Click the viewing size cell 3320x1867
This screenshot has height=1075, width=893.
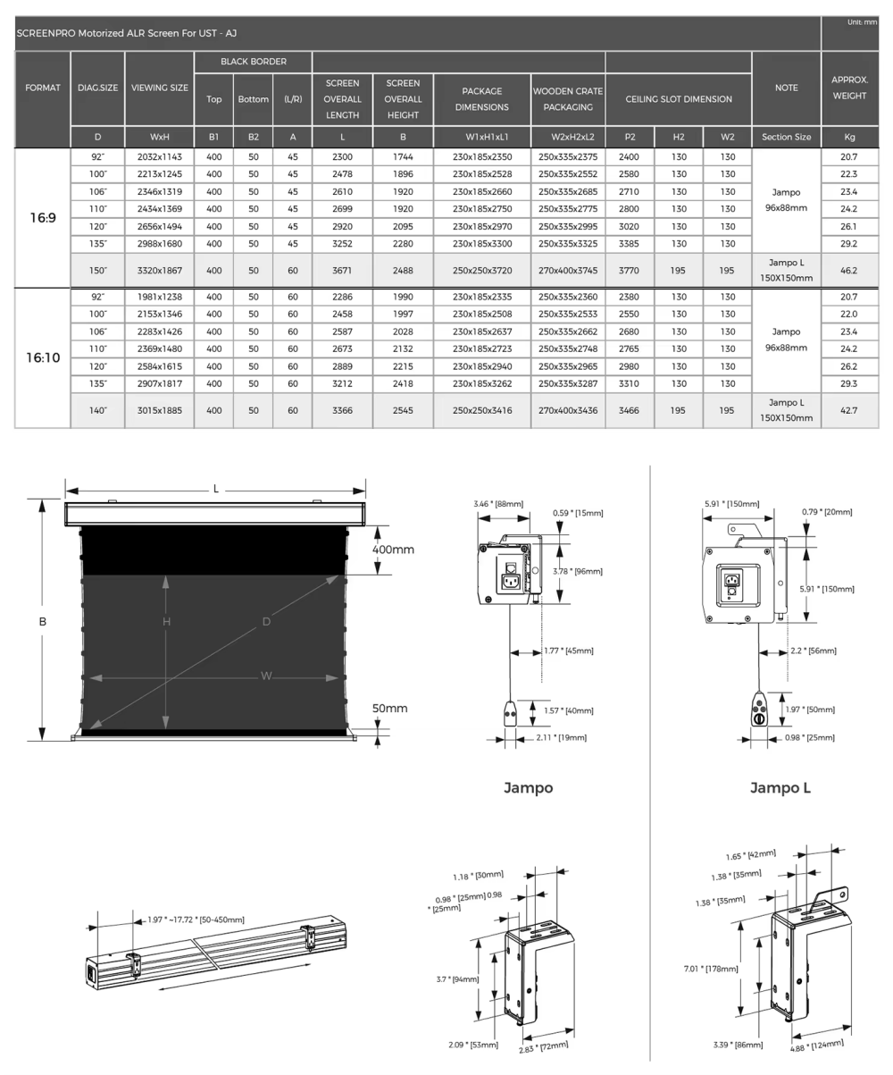[159, 269]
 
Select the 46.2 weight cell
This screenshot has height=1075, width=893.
[848, 269]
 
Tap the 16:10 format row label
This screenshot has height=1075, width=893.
[43, 357]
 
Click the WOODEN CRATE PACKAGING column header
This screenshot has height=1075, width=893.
[568, 99]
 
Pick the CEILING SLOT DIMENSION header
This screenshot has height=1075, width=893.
[678, 99]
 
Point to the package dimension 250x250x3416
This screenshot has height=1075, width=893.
[481, 410]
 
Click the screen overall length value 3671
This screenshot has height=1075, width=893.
[342, 269]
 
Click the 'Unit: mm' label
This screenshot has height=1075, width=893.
[862, 22]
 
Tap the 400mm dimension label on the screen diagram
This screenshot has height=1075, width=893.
[393, 550]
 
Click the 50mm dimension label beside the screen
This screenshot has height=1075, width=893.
[389, 709]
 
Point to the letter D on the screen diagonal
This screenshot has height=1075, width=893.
[266, 622]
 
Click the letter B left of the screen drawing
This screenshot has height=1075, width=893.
[42, 621]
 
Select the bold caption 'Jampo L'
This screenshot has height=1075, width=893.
[780, 787]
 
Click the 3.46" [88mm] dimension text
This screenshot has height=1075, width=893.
[498, 504]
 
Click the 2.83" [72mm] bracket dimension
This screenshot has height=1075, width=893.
[545, 1046]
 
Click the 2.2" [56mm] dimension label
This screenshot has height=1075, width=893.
[806, 651]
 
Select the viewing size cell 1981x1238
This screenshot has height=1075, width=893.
[159, 297]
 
